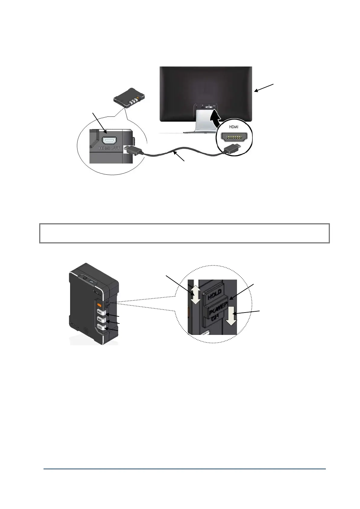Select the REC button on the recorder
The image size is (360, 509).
click(100, 312)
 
